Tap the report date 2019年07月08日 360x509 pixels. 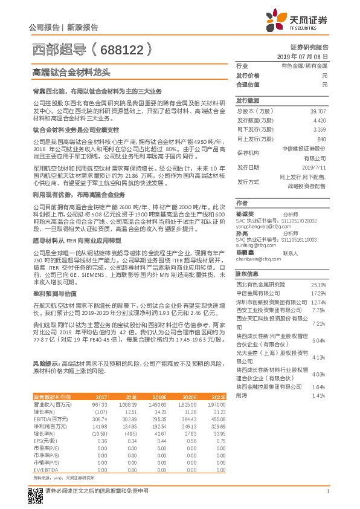coord(305,56)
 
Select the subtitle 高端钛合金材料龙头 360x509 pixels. coord(71,72)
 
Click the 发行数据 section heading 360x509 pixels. coord(247,101)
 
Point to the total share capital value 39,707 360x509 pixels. coord(318,112)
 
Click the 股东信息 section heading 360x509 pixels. coord(247,274)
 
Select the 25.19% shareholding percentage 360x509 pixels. coord(318,285)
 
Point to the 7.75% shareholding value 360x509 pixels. coord(320,310)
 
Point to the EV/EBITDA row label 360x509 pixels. coord(46,469)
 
